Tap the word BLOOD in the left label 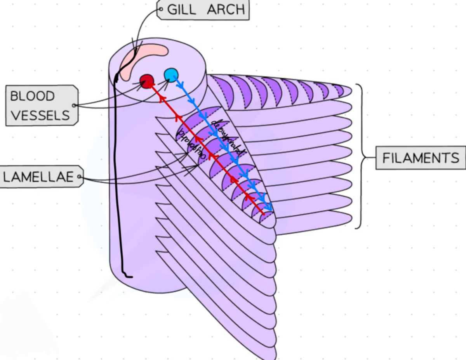click(x=32, y=96)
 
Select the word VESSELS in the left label click(x=40, y=115)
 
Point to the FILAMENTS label click(x=421, y=158)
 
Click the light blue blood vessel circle click(x=171, y=74)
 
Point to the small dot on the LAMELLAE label click(x=79, y=177)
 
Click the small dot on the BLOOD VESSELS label click(x=74, y=105)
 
